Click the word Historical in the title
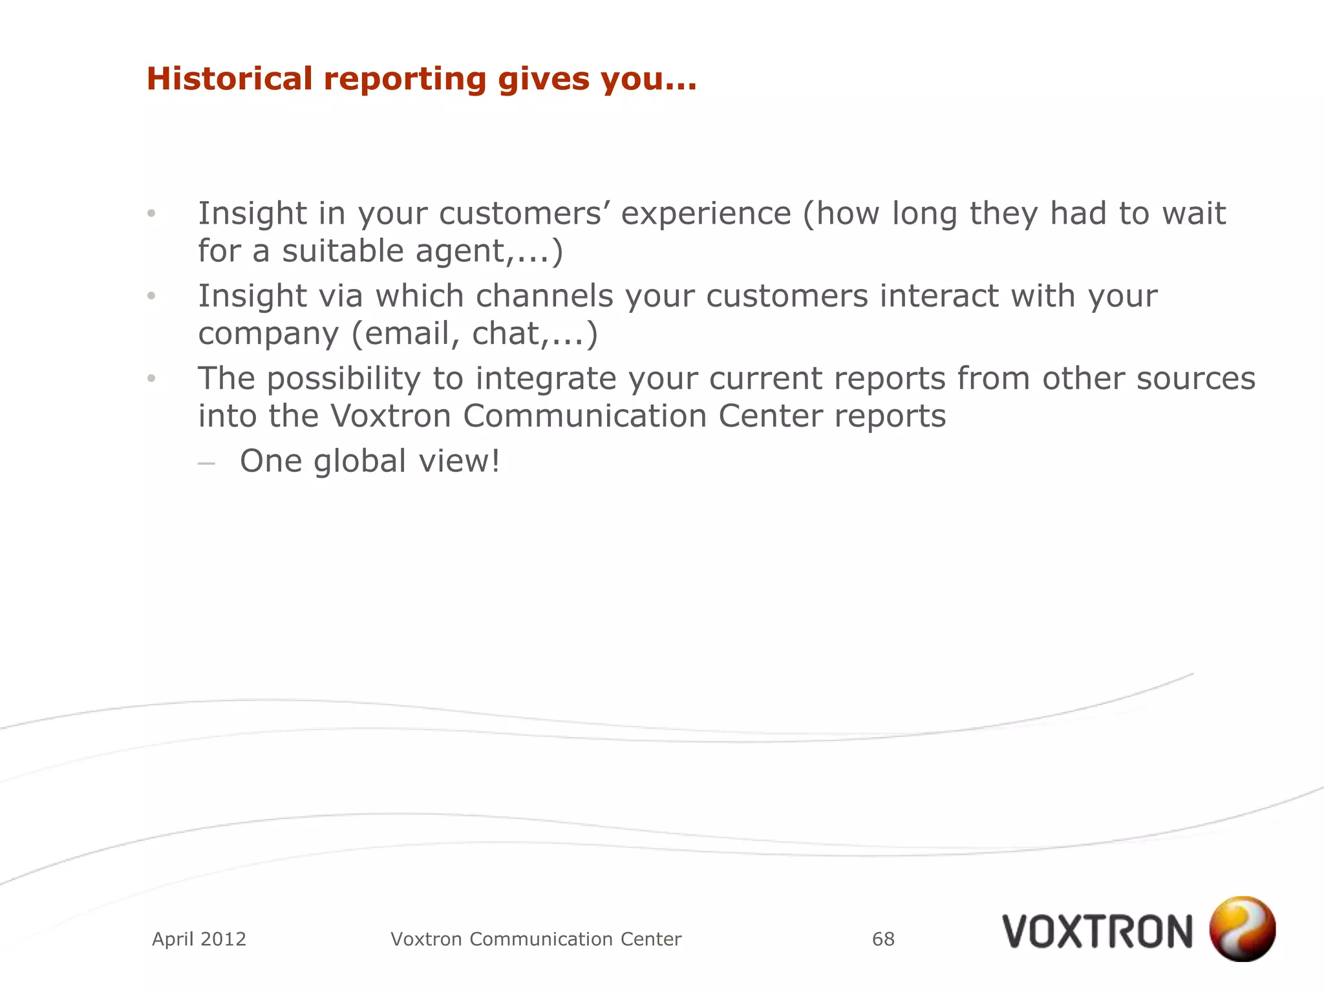coord(230,79)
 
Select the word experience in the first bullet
coord(706,214)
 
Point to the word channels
coord(544,296)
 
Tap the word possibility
coord(343,379)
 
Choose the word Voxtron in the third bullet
coord(390,416)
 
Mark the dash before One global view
coord(206,463)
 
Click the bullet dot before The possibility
coord(151,378)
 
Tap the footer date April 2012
coord(199,939)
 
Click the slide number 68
coord(883,939)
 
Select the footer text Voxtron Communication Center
coord(536,939)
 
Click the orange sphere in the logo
coord(1242,928)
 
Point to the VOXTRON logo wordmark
coord(1098,932)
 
